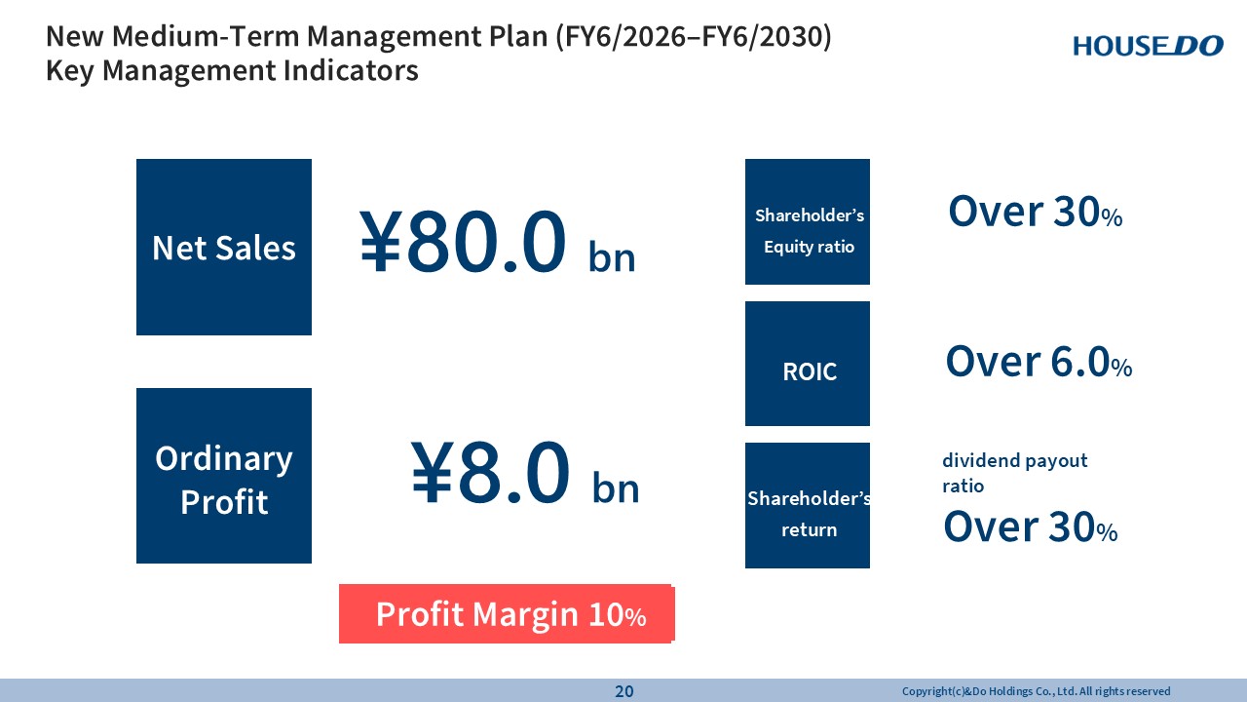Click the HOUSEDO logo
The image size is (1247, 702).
pyautogui.click(x=1148, y=46)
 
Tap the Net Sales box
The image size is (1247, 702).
pyautogui.click(x=224, y=247)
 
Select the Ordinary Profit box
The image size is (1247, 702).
pyautogui.click(x=224, y=476)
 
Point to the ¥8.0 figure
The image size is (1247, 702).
pyautogui.click(x=491, y=472)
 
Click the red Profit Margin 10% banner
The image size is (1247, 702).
pyautogui.click(x=507, y=613)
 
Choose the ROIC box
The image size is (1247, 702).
pyautogui.click(x=808, y=364)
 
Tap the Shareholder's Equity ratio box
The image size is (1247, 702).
pyautogui.click(x=808, y=221)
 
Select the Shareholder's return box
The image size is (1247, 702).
pyautogui.click(x=808, y=505)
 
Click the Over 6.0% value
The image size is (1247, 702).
pyautogui.click(x=1039, y=362)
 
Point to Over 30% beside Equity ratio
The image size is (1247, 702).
pyautogui.click(x=1036, y=212)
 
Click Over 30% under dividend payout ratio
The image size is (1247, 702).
pyautogui.click(x=1031, y=526)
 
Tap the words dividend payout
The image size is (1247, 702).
pyautogui.click(x=1015, y=461)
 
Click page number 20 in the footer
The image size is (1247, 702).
pyautogui.click(x=624, y=691)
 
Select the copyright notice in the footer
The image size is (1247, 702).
pyautogui.click(x=1036, y=691)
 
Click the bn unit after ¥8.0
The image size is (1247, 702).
pyautogui.click(x=616, y=487)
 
